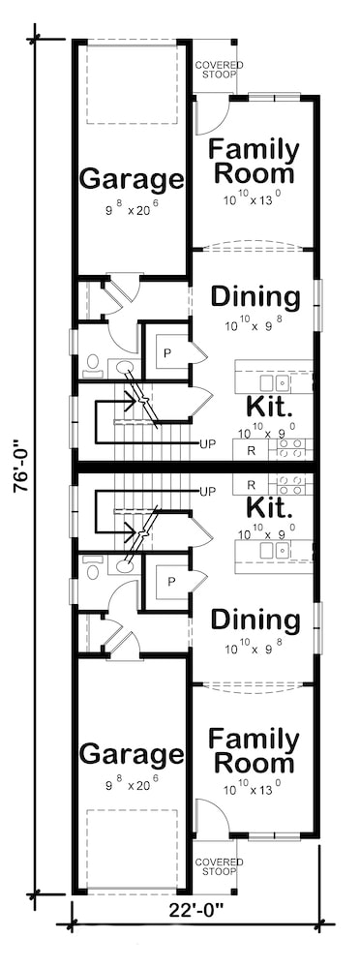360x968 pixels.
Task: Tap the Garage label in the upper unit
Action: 131,179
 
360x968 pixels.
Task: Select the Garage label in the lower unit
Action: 131,754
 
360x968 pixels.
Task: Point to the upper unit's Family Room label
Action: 254,162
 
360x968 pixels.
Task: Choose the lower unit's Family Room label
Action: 254,752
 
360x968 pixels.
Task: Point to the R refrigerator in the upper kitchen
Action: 251,449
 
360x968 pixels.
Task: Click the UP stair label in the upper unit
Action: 206,444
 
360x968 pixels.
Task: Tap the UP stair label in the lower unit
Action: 206,492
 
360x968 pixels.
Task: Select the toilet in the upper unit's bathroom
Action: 93,364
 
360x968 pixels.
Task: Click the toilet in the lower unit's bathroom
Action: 93,570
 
